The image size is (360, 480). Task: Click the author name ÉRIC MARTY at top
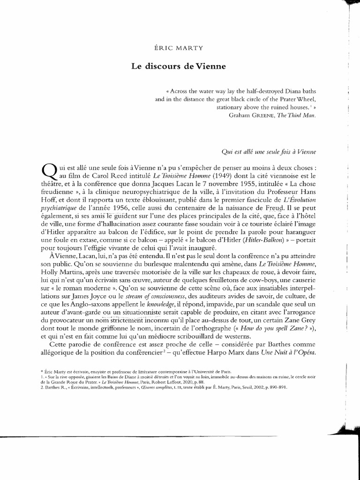(179, 47)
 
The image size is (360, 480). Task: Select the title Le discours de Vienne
(178, 67)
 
